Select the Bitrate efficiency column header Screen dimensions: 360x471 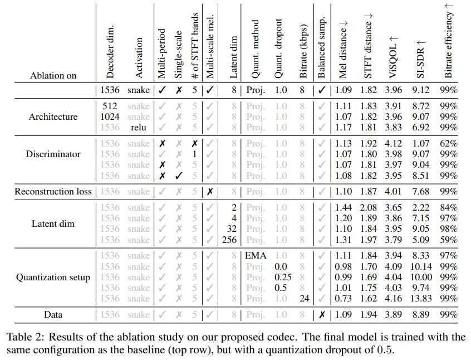pyautogui.click(x=449, y=41)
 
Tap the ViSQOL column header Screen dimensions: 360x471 pyautogui.click(x=393, y=56)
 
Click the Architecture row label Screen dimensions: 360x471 pyautogui.click(x=53, y=116)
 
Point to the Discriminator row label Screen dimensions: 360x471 pyautogui.click(x=53, y=154)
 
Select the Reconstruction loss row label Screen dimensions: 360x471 pyautogui.click(x=53, y=191)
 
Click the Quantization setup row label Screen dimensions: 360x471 pyautogui.click(x=53, y=277)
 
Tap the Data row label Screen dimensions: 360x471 pyautogui.click(x=53, y=314)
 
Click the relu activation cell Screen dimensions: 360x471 pyautogui.click(x=138, y=127)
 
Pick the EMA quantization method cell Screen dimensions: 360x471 pyautogui.click(x=256, y=256)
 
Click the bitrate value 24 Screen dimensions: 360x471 pyautogui.click(x=304, y=298)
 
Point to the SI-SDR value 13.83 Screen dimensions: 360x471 pyautogui.click(x=423, y=298)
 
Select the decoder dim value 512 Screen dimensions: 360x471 pyautogui.click(x=110, y=106)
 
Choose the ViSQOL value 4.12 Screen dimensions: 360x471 pyautogui.click(x=394, y=143)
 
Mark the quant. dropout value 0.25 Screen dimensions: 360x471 pyautogui.click(x=282, y=277)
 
